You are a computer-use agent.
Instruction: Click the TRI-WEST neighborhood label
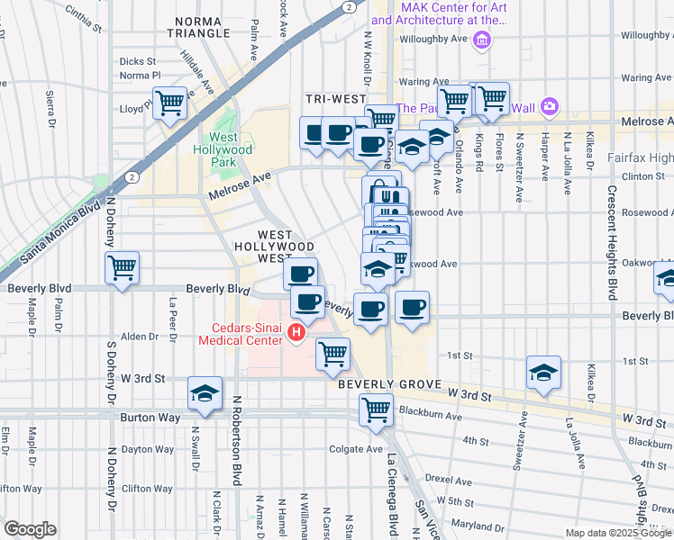click(x=335, y=98)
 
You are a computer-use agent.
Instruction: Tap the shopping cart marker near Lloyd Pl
click(x=169, y=103)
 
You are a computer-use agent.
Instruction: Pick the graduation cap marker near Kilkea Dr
click(x=543, y=373)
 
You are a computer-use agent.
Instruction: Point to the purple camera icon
click(x=549, y=108)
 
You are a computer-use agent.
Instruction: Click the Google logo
click(x=29, y=529)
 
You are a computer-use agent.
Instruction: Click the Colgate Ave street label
click(x=356, y=449)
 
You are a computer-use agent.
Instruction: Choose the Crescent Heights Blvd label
click(x=612, y=243)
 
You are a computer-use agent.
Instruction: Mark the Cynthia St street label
click(x=83, y=16)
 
